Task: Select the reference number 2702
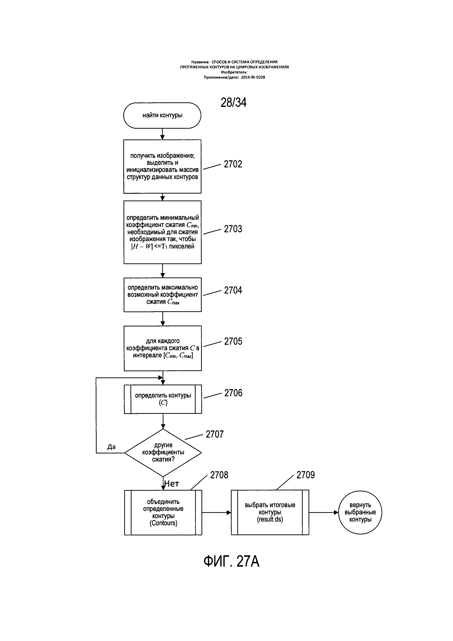pyautogui.click(x=233, y=164)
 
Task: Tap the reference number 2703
pyautogui.click(x=233, y=229)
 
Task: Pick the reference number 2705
pyautogui.click(x=233, y=341)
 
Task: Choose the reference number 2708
pyautogui.click(x=219, y=475)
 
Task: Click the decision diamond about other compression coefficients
pyautogui.click(x=163, y=453)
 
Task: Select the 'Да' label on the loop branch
pyautogui.click(x=111, y=447)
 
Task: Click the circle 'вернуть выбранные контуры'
pyautogui.click(x=360, y=513)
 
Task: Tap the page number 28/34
pyautogui.click(x=233, y=103)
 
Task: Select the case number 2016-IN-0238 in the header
pyautogui.click(x=253, y=77)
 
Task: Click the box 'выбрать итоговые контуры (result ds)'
pyautogui.click(x=270, y=513)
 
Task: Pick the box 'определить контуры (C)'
pyautogui.click(x=163, y=399)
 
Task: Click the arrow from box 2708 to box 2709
pyautogui.click(x=216, y=513)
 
